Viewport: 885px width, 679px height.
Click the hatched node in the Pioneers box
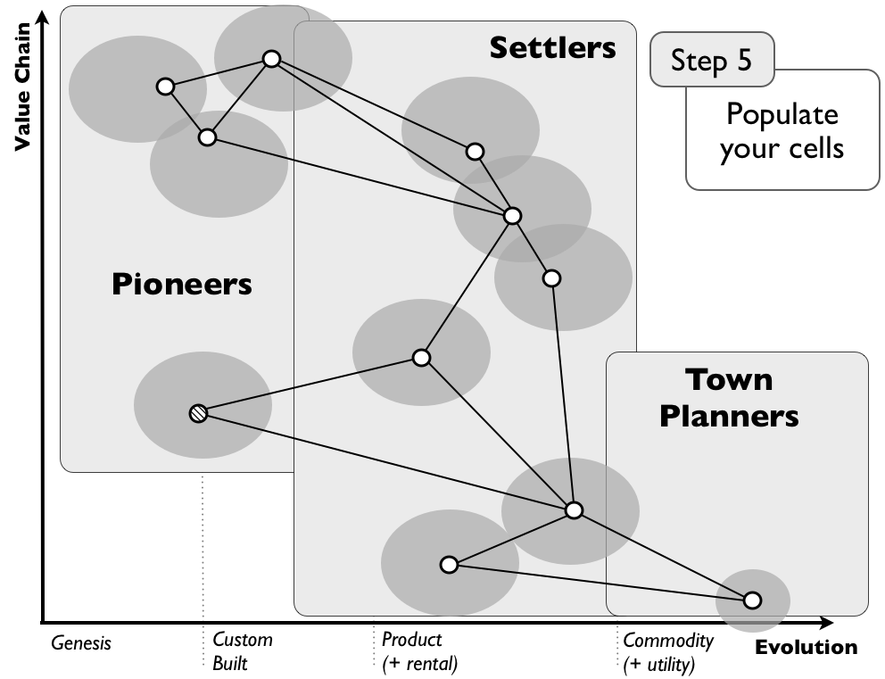(198, 413)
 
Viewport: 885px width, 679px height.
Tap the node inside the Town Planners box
(752, 600)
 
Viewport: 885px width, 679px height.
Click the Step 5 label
(711, 60)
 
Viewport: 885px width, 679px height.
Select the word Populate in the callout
(782, 114)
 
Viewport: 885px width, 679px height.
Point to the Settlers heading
(552, 47)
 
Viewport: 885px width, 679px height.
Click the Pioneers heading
(182, 285)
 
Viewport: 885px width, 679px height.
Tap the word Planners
(729, 415)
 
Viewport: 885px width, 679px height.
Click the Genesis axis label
(81, 642)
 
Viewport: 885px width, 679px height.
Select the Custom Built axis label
(242, 651)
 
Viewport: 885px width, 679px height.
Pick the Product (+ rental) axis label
(418, 651)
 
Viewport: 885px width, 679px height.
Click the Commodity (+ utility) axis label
(667, 651)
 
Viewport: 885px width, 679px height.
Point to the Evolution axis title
(806, 648)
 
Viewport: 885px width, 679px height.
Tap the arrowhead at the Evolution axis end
(826, 622)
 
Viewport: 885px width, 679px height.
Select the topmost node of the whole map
(271, 59)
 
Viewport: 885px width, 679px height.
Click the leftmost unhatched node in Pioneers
(164, 87)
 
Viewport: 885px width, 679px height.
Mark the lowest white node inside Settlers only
(449, 565)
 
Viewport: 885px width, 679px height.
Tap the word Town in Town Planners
(729, 379)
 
